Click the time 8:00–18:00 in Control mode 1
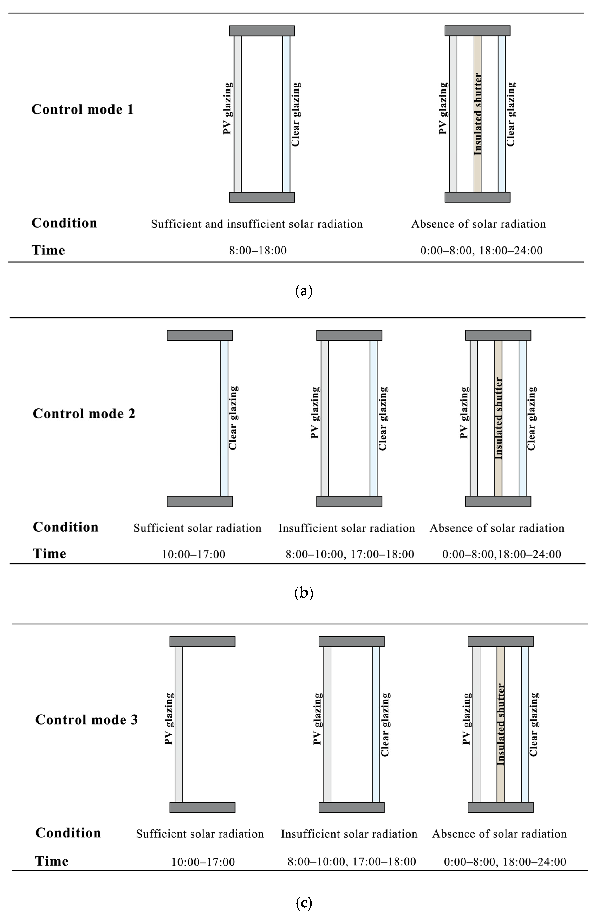(x=258, y=251)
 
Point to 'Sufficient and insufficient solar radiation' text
(x=256, y=224)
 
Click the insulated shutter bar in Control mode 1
(x=477, y=114)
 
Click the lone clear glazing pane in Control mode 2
(x=224, y=418)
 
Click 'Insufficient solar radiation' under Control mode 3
(x=349, y=834)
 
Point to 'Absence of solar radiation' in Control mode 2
(x=497, y=528)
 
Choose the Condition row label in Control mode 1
(x=64, y=223)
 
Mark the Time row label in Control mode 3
(x=52, y=861)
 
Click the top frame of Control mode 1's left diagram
(x=262, y=31)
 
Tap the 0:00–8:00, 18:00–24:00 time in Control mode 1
(x=481, y=251)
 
